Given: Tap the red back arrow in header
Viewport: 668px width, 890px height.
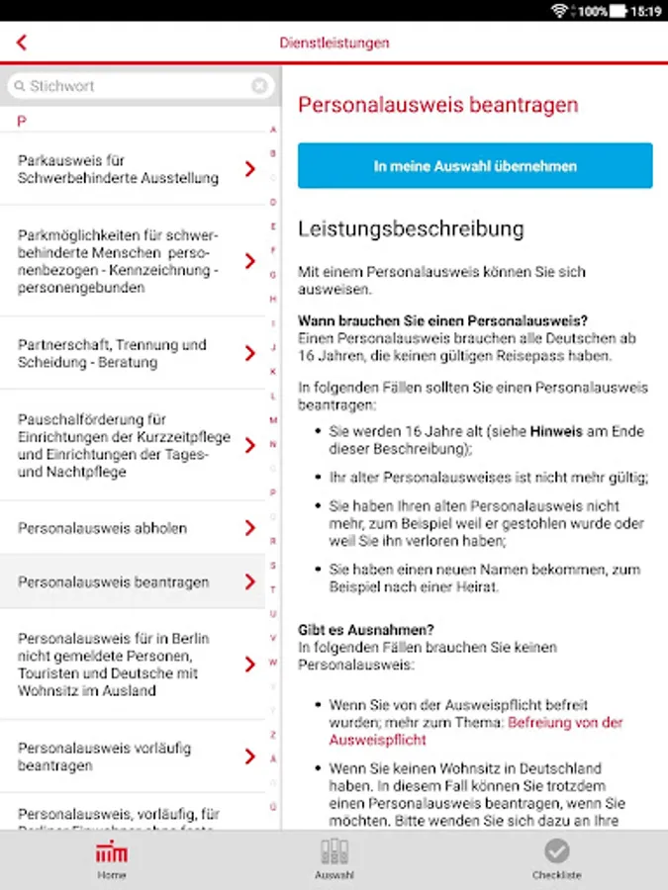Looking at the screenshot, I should pyautogui.click(x=22, y=43).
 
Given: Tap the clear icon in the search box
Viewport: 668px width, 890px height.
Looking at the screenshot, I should pyautogui.click(x=259, y=86).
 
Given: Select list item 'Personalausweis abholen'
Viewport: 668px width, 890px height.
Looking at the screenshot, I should pyautogui.click(x=102, y=528).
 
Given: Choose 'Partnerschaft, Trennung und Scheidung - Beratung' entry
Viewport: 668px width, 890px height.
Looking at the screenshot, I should pyautogui.click(x=112, y=354).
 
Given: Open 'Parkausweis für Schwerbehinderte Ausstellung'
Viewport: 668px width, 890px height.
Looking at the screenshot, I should pyautogui.click(x=118, y=169).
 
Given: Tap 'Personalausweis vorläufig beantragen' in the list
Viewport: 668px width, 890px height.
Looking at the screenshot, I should pyautogui.click(x=104, y=756).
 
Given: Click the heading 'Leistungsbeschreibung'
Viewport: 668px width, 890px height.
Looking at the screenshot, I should pyautogui.click(x=411, y=229).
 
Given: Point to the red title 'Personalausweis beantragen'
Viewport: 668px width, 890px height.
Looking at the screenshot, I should pyautogui.click(x=437, y=105).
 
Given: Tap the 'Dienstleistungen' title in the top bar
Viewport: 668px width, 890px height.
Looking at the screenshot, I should pyautogui.click(x=334, y=43).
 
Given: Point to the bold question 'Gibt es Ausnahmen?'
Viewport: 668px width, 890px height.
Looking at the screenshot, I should pyautogui.click(x=366, y=629).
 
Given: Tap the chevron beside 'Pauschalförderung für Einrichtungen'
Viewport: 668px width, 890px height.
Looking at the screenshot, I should pyautogui.click(x=250, y=445).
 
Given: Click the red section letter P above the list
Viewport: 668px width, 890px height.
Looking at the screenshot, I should pyautogui.click(x=22, y=121).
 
